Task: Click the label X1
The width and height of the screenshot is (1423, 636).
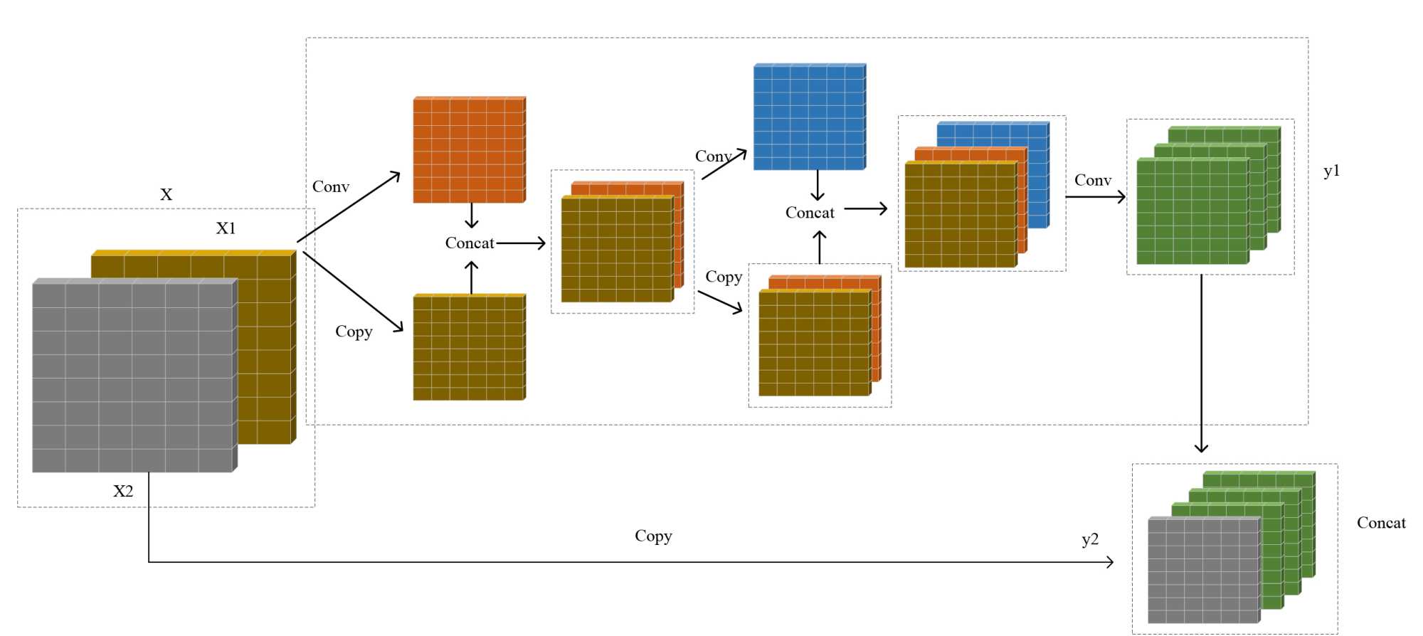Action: pos(226,228)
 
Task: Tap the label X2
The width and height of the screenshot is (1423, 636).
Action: pos(123,491)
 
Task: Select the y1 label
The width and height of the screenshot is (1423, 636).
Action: pos(1331,171)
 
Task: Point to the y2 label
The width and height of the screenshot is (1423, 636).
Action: pos(1090,539)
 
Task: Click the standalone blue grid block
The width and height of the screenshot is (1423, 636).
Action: pos(809,117)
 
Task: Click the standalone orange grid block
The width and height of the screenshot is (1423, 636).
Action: pos(469,150)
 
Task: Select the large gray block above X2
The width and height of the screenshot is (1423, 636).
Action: pos(133,376)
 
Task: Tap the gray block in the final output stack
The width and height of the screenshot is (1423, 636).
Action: pos(1202,571)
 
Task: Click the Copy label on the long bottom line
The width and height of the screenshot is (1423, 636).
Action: pos(653,536)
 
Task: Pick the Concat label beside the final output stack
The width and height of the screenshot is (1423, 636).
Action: pos(1381,523)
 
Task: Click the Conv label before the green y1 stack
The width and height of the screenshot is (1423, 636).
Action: pos(1093,181)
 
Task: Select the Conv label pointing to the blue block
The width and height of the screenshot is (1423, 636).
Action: pos(713,157)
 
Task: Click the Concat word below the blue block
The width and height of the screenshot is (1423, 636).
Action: pos(810,213)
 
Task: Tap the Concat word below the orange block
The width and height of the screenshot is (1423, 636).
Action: pos(470,243)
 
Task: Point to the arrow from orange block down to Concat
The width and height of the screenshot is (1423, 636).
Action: pos(471,216)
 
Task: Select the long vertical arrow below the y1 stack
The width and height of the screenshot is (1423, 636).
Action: pos(1201,363)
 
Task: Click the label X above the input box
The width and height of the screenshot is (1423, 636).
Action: pos(166,194)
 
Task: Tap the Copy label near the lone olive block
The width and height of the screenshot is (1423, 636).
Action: pos(354,332)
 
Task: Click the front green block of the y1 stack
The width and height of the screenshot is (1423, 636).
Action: pos(1192,211)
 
